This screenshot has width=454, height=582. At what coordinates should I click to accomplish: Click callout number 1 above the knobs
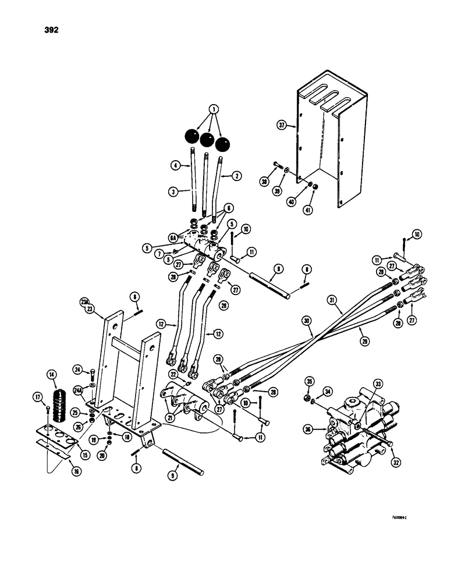(198, 109)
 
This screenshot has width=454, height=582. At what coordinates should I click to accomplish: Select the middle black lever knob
(207, 140)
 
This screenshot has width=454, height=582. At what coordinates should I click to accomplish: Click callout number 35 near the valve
(309, 382)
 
